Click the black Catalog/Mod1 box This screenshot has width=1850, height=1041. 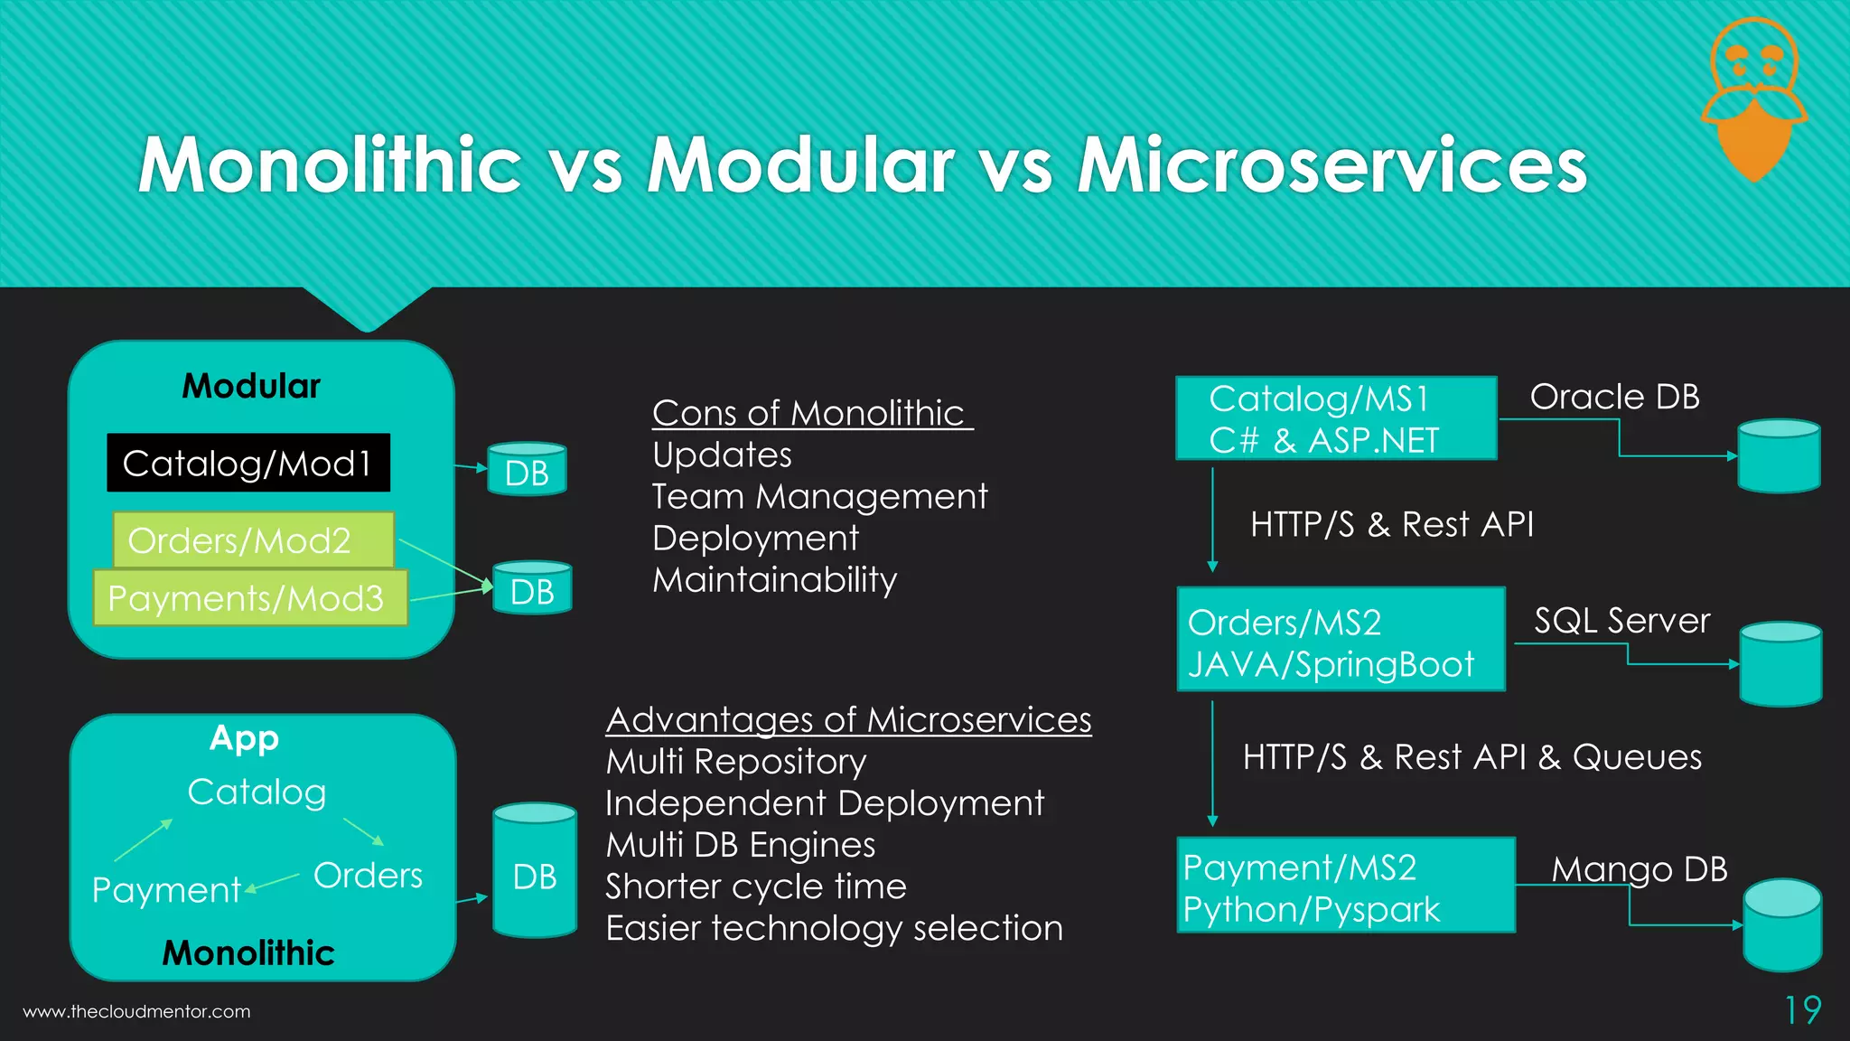(248, 463)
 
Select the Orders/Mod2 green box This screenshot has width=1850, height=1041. (253, 539)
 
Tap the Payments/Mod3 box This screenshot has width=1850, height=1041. (250, 597)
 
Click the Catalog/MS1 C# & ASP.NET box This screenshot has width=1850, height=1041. (1336, 418)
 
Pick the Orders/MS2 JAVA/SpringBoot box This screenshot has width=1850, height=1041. (1341, 639)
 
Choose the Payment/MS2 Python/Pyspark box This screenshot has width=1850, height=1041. (1346, 886)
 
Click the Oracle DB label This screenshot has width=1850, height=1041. (1614, 397)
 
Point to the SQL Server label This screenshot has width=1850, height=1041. (1621, 620)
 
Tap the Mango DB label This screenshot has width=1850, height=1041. (1639, 869)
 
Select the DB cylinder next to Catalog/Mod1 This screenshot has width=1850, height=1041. (527, 469)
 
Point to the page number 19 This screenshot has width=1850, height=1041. (1802, 1009)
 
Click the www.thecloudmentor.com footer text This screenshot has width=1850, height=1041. (136, 1011)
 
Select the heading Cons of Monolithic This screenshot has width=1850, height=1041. (811, 413)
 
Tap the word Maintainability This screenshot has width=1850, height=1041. (774, 579)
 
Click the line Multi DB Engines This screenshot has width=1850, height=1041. (740, 844)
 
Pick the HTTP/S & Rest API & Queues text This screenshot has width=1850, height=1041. (1472, 756)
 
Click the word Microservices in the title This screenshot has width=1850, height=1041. (1331, 164)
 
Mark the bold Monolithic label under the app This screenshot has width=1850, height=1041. (248, 952)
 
